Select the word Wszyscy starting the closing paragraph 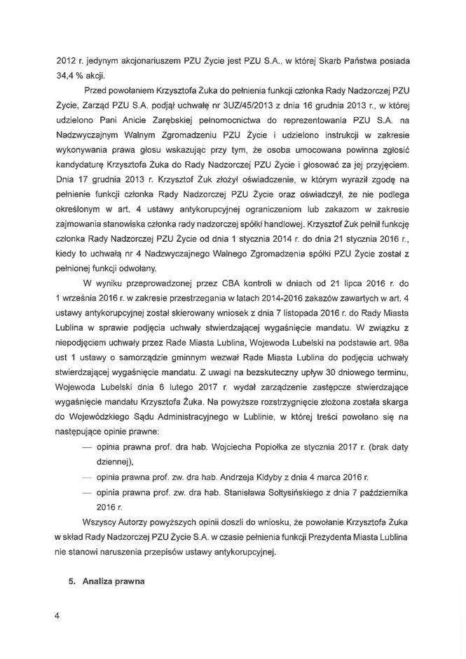[102, 523]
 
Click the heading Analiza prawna [114, 580]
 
